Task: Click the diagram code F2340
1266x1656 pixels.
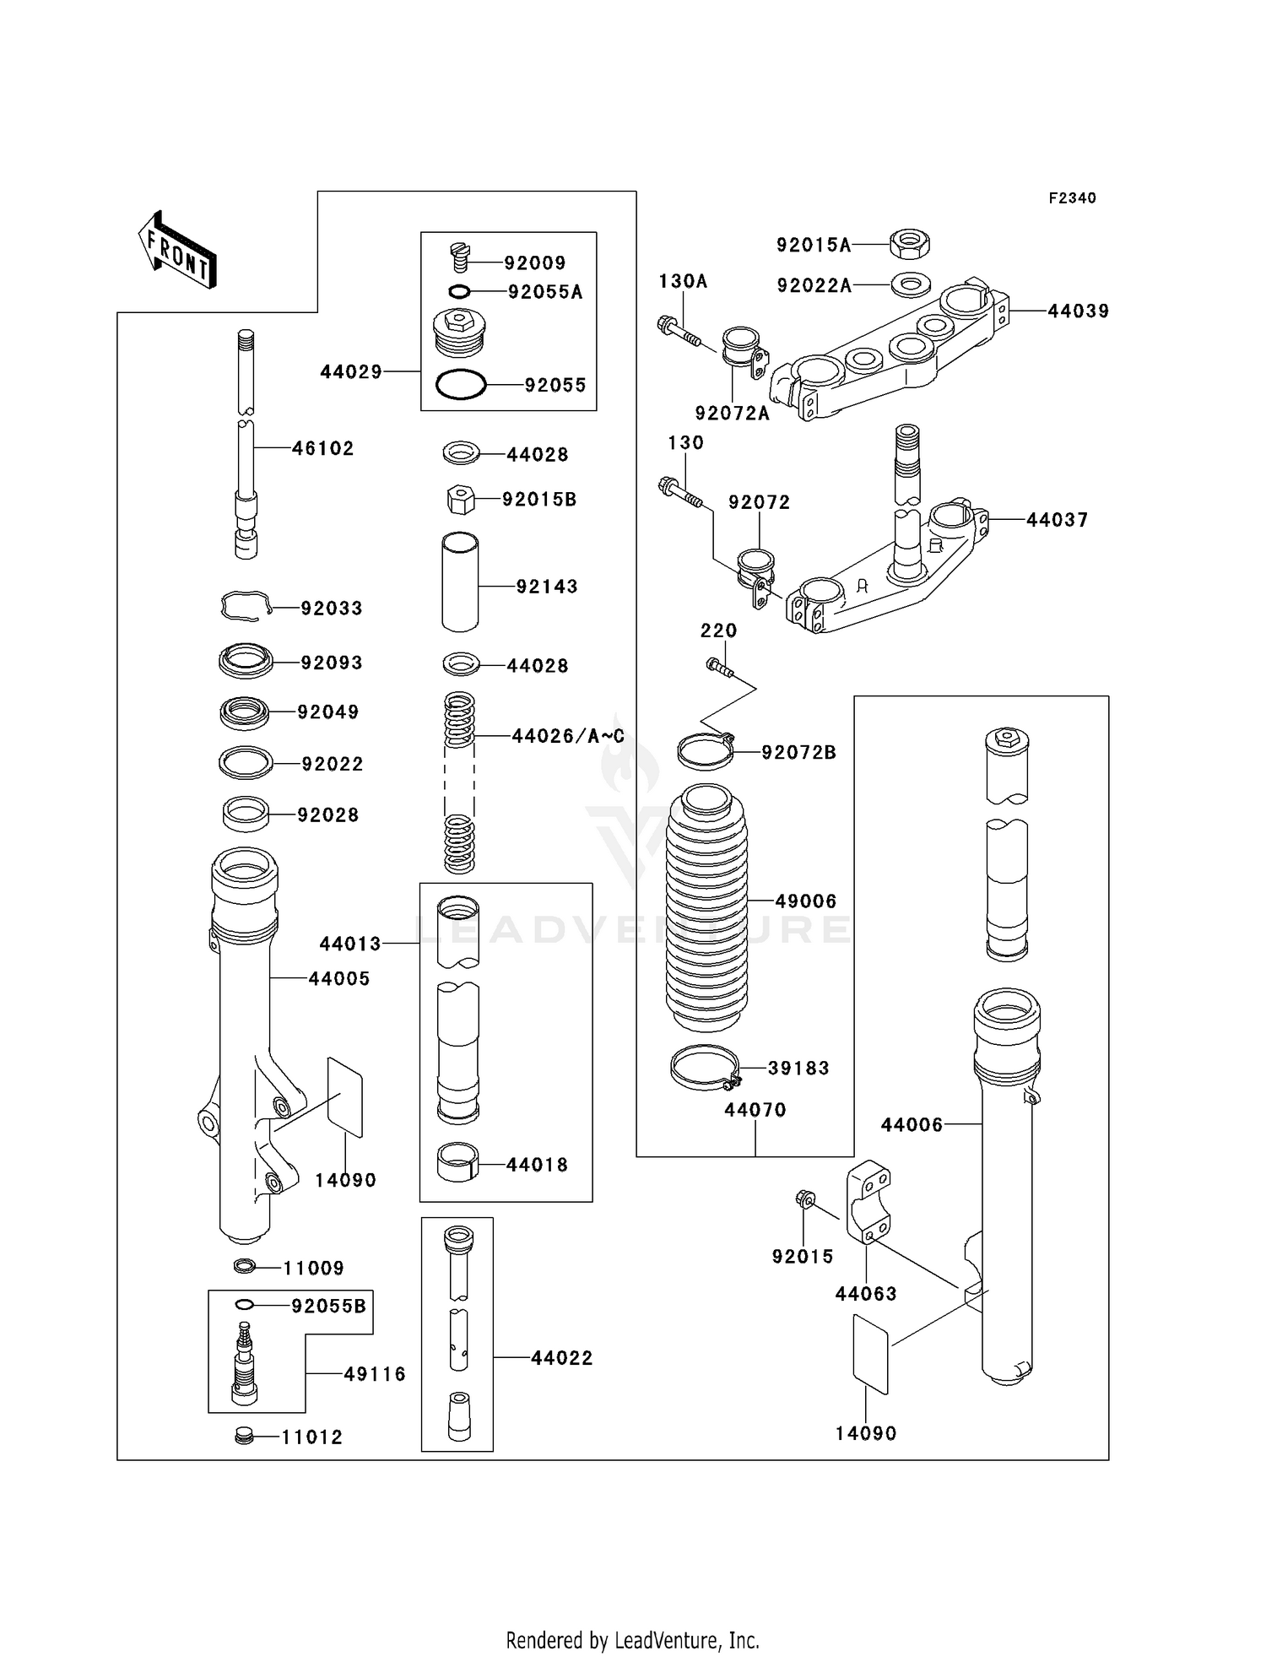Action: coord(1072,198)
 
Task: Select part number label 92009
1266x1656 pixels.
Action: coord(534,262)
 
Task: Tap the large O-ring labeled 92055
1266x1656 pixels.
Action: coord(461,385)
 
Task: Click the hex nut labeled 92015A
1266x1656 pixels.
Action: coord(910,245)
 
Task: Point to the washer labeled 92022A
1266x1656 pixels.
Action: coord(910,284)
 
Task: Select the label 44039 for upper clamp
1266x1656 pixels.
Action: coord(1078,311)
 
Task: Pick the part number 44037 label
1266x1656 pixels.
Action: coord(1057,520)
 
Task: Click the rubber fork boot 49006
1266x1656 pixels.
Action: coord(706,907)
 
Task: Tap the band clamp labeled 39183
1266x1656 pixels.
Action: coord(706,1069)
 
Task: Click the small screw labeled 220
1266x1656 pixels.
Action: coord(719,668)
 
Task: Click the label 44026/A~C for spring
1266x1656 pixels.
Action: coord(567,736)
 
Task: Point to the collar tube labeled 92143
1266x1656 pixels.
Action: coord(461,582)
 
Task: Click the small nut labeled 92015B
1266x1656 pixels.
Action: coord(460,500)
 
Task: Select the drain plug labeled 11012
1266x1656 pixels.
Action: coord(245,1436)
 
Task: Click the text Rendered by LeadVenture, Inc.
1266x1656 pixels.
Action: coord(632,1640)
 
